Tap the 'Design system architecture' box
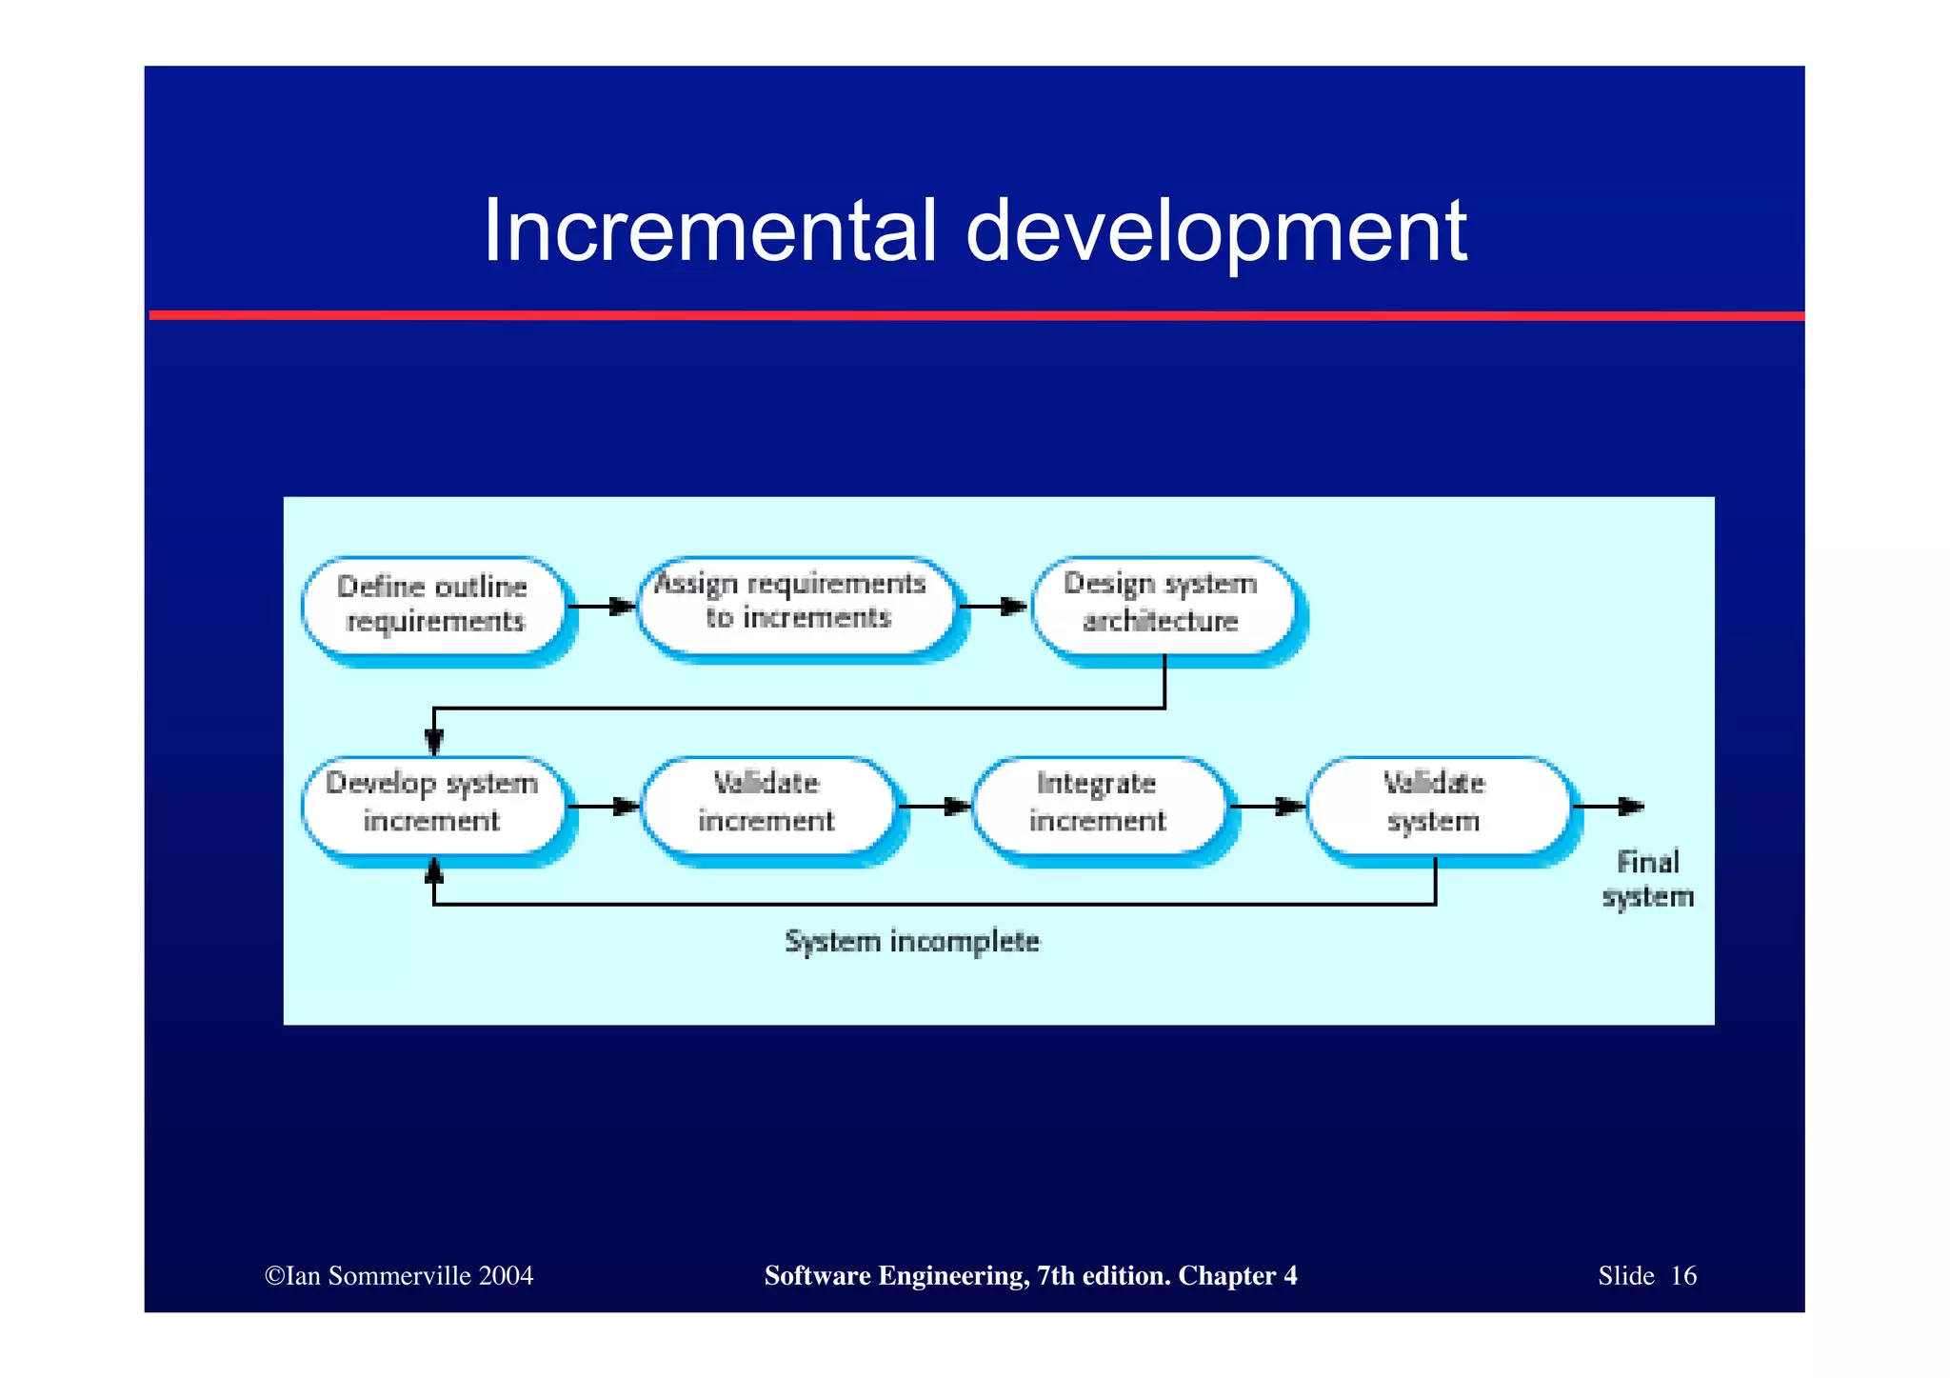(x=1163, y=603)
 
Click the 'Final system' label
(x=1648, y=880)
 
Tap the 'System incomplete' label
(x=912, y=942)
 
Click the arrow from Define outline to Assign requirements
(x=603, y=607)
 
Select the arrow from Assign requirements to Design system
(x=993, y=607)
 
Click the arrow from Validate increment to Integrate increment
(x=934, y=808)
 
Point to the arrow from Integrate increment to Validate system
(x=1267, y=808)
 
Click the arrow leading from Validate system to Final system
(x=1609, y=808)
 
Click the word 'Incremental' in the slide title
(x=709, y=231)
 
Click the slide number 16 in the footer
(x=1683, y=1276)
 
